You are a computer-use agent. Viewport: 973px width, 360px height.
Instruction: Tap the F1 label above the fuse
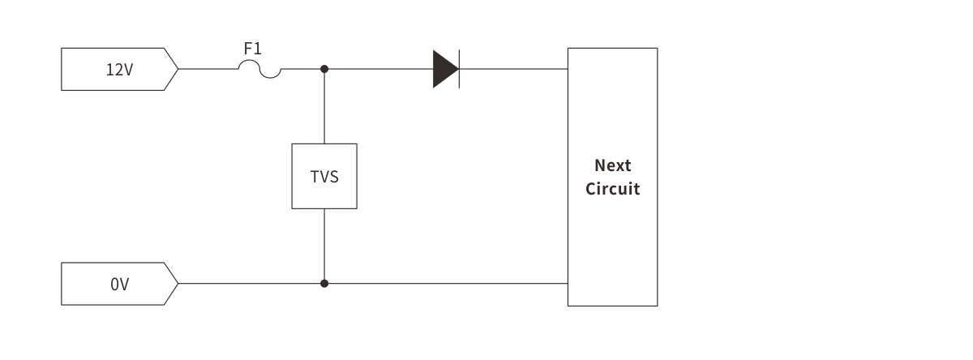click(252, 49)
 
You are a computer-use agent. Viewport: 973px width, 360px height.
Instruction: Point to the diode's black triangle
click(444, 69)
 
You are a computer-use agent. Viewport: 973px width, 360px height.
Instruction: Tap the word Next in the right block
click(612, 165)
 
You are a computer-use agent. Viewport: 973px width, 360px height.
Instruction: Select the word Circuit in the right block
click(612, 190)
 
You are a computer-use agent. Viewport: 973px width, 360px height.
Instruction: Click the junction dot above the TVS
click(324, 69)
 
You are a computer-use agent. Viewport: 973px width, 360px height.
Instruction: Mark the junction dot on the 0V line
click(324, 284)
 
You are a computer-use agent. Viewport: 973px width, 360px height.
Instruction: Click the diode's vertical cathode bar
click(459, 69)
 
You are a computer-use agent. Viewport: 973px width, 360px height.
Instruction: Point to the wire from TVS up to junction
click(324, 105)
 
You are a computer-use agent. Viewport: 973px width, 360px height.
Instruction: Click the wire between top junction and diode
click(378, 69)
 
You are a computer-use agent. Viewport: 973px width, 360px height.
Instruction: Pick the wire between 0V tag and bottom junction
click(251, 284)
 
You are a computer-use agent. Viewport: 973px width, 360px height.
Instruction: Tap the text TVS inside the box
click(324, 177)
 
